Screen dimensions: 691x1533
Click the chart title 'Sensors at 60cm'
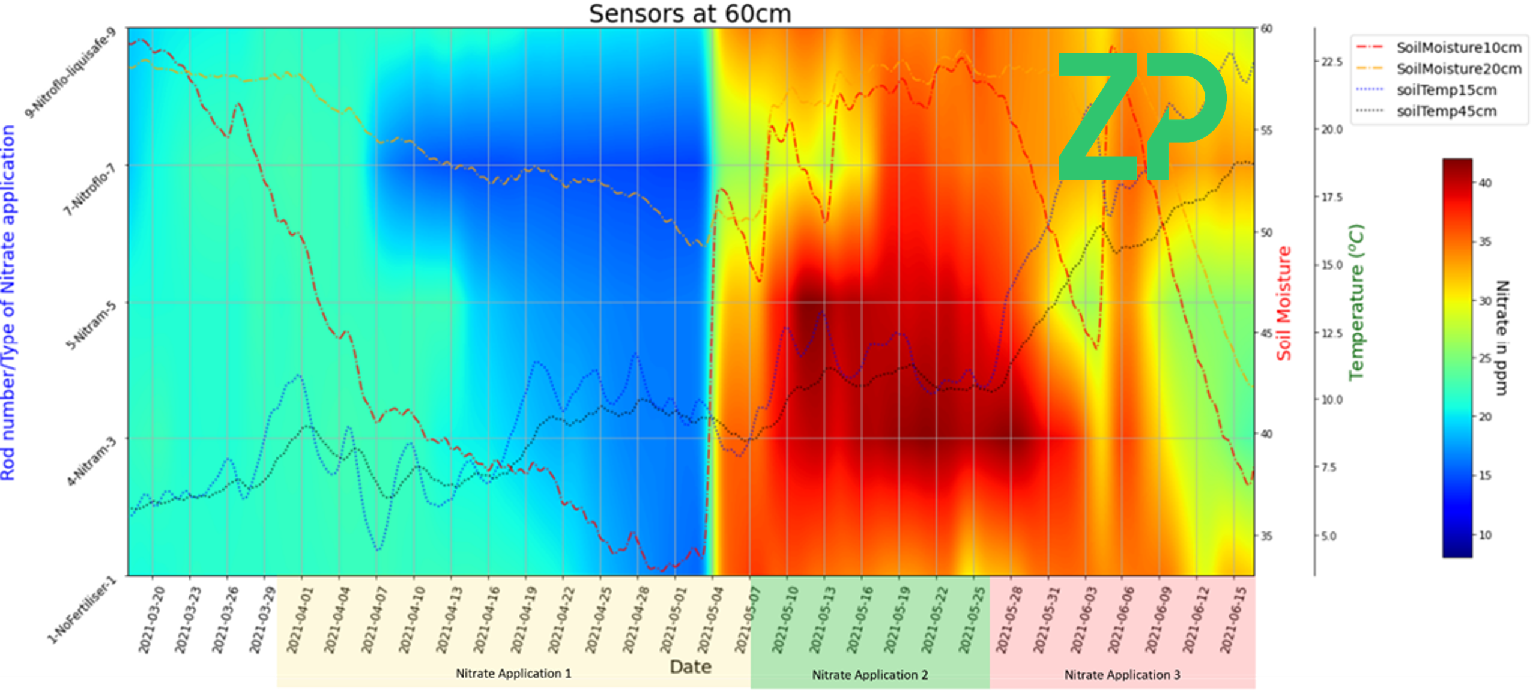pyautogui.click(x=690, y=14)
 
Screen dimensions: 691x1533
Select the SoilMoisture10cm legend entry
pyautogui.click(x=1459, y=47)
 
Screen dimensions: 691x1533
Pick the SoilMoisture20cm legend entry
pyautogui.click(x=1459, y=69)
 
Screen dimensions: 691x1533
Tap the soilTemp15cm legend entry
pyautogui.click(x=1446, y=90)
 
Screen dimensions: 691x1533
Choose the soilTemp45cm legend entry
pyautogui.click(x=1446, y=111)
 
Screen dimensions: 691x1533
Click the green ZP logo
pyautogui.click(x=1141, y=115)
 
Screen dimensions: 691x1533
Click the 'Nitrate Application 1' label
pyautogui.click(x=513, y=674)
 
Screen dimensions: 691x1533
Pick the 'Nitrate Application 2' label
pyautogui.click(x=869, y=675)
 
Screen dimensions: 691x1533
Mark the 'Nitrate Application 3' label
pyautogui.click(x=1122, y=675)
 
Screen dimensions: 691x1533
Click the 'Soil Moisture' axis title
pyautogui.click(x=1284, y=303)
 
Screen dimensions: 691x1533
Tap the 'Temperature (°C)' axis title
pyautogui.click(x=1356, y=302)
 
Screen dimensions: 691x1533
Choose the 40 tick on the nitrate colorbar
pyautogui.click(x=1485, y=183)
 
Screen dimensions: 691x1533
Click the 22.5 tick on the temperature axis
pyautogui.click(x=1331, y=62)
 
